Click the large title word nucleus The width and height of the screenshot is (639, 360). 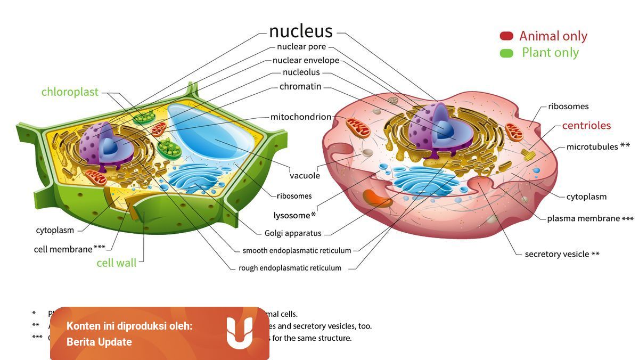[x=300, y=31]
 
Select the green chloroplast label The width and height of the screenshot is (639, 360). [x=70, y=92]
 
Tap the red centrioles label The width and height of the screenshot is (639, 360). [x=586, y=126]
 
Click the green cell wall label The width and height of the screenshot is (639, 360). [x=116, y=263]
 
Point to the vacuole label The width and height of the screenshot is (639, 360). [x=305, y=176]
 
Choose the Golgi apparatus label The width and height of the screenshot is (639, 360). [x=293, y=233]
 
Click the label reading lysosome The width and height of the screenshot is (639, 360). [x=292, y=216]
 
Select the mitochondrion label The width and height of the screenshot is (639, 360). [x=300, y=117]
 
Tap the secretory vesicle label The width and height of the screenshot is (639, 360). [x=557, y=254]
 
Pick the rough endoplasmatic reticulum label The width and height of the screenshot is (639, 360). [x=290, y=268]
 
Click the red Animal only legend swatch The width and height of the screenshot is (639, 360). [x=506, y=36]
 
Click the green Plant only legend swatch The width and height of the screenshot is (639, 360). [x=506, y=53]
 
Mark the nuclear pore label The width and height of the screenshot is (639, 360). [x=301, y=47]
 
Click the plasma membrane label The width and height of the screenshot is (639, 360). [x=583, y=218]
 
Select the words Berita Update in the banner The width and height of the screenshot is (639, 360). [x=99, y=342]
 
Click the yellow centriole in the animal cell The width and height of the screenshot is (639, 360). [x=528, y=155]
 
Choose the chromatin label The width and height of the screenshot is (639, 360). [x=300, y=87]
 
